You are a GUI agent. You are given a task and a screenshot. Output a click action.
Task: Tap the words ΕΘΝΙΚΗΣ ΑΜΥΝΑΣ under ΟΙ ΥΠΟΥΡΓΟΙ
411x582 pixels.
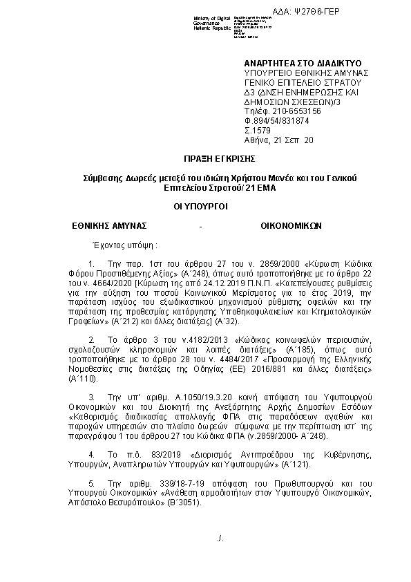109,225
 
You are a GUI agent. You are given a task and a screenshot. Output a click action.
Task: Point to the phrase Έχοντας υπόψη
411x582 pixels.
115,245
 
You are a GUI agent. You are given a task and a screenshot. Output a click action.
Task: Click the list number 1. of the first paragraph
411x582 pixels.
93,264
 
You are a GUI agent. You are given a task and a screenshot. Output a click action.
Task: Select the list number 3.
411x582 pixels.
93,398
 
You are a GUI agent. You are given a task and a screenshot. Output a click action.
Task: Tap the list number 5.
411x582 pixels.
93,484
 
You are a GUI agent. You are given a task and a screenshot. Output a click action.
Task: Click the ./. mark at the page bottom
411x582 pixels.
220,537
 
